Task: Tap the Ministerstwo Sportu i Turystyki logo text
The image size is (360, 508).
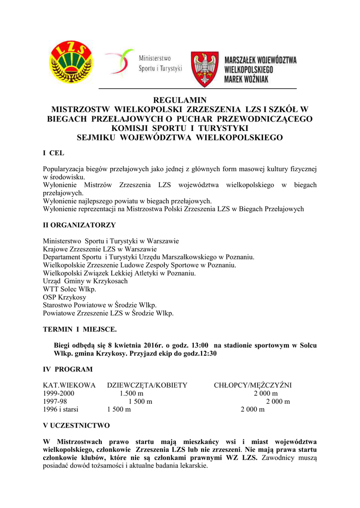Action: pyautogui.click(x=160, y=63)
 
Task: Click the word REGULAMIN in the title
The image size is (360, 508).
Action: pyautogui.click(x=179, y=100)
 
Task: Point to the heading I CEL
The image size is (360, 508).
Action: pyautogui.click(x=54, y=153)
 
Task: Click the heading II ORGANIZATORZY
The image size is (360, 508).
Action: pyautogui.click(x=79, y=225)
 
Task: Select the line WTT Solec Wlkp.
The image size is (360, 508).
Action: pyautogui.click(x=70, y=289)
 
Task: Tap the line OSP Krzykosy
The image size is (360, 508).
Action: pyautogui.click(x=65, y=297)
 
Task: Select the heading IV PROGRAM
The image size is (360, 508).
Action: pyautogui.click(x=68, y=370)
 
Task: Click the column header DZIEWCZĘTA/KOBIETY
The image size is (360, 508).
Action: pyautogui.click(x=147, y=385)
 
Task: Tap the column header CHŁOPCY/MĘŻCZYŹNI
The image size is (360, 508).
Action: pyautogui.click(x=253, y=385)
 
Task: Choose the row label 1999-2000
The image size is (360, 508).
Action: pyautogui.click(x=59, y=393)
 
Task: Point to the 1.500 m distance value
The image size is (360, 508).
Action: pyautogui.click(x=131, y=393)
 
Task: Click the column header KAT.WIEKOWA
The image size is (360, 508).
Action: pyautogui.click(x=69, y=385)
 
